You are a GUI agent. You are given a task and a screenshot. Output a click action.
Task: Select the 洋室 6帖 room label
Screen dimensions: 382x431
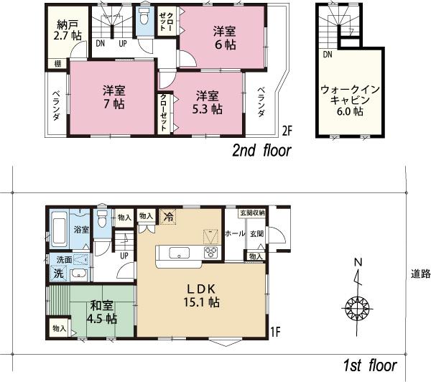(x=225, y=37)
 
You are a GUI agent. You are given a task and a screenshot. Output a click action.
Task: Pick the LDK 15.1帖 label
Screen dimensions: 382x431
(x=203, y=295)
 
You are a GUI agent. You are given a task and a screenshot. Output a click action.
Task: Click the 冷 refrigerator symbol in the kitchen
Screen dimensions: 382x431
(x=167, y=215)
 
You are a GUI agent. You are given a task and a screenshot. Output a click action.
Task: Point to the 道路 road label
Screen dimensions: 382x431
(x=420, y=274)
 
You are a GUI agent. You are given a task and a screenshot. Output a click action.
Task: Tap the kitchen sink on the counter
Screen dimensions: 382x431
(x=177, y=251)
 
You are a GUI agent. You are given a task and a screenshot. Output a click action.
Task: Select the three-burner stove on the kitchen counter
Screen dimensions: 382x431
(x=213, y=251)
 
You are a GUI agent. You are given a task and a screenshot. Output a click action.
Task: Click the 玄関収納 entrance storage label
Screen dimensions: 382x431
(x=253, y=213)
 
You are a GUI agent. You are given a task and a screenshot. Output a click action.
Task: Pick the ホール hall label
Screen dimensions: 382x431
(x=235, y=234)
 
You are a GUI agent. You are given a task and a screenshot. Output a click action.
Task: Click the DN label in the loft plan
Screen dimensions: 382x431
(x=328, y=55)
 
